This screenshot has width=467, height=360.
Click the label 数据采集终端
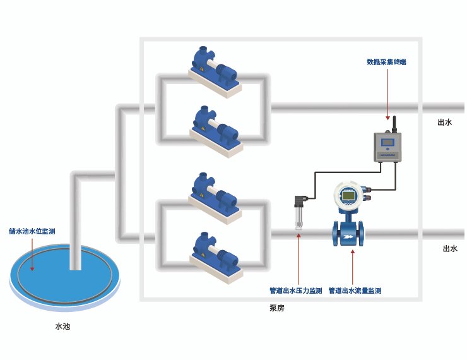386,62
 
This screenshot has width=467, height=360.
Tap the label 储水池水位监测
32,231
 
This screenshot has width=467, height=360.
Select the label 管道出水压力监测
295,291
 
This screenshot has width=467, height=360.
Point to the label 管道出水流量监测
355,291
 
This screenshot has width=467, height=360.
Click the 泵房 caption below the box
276,308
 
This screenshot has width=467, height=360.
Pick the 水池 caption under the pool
63,327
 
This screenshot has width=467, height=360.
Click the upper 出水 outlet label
445,123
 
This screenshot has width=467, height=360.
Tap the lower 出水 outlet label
449,249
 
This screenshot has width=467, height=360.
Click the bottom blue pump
216,255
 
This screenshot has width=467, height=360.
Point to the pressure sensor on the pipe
299,213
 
